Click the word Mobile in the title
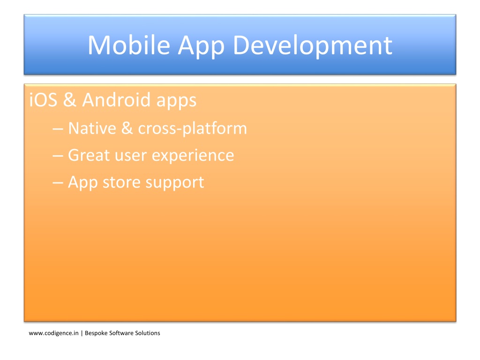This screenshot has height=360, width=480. click(x=129, y=45)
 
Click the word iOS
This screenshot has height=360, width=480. click(x=43, y=100)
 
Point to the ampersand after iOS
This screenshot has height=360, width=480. click(x=70, y=100)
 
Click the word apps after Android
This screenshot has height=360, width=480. click(x=176, y=102)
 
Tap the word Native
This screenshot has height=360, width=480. click(x=92, y=128)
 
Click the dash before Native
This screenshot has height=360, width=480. click(x=58, y=129)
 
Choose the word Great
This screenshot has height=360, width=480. click(x=89, y=155)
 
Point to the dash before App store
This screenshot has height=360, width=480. click(x=58, y=183)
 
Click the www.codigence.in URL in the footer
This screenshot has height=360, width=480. click(x=53, y=333)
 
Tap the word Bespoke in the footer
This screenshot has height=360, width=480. click(x=96, y=333)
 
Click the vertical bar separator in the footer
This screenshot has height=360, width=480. click(x=82, y=333)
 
